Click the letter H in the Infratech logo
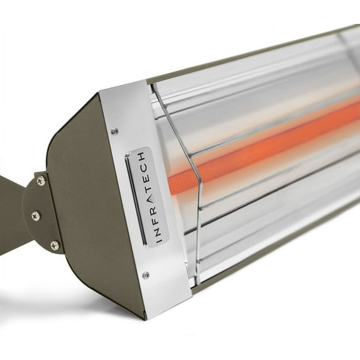click(x=142, y=156)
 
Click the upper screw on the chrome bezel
click(x=114, y=131)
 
